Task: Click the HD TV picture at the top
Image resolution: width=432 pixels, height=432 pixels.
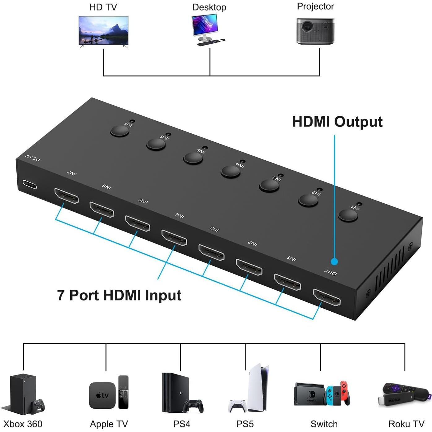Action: (103, 31)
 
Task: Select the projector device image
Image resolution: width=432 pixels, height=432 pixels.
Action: (315, 31)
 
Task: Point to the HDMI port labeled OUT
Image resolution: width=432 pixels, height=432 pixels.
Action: (327, 297)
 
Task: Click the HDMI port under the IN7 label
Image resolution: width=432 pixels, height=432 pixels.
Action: (67, 196)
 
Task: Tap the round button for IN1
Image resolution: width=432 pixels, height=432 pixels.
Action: (348, 215)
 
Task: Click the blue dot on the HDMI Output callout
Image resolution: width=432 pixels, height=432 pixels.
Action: (334, 261)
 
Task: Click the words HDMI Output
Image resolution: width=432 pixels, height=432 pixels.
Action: (337, 122)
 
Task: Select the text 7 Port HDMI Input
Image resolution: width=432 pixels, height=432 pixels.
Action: (119, 295)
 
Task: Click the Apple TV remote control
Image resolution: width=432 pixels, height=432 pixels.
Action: (123, 392)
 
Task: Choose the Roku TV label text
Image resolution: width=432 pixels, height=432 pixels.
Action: (406, 424)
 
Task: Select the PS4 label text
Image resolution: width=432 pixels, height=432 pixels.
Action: (182, 424)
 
